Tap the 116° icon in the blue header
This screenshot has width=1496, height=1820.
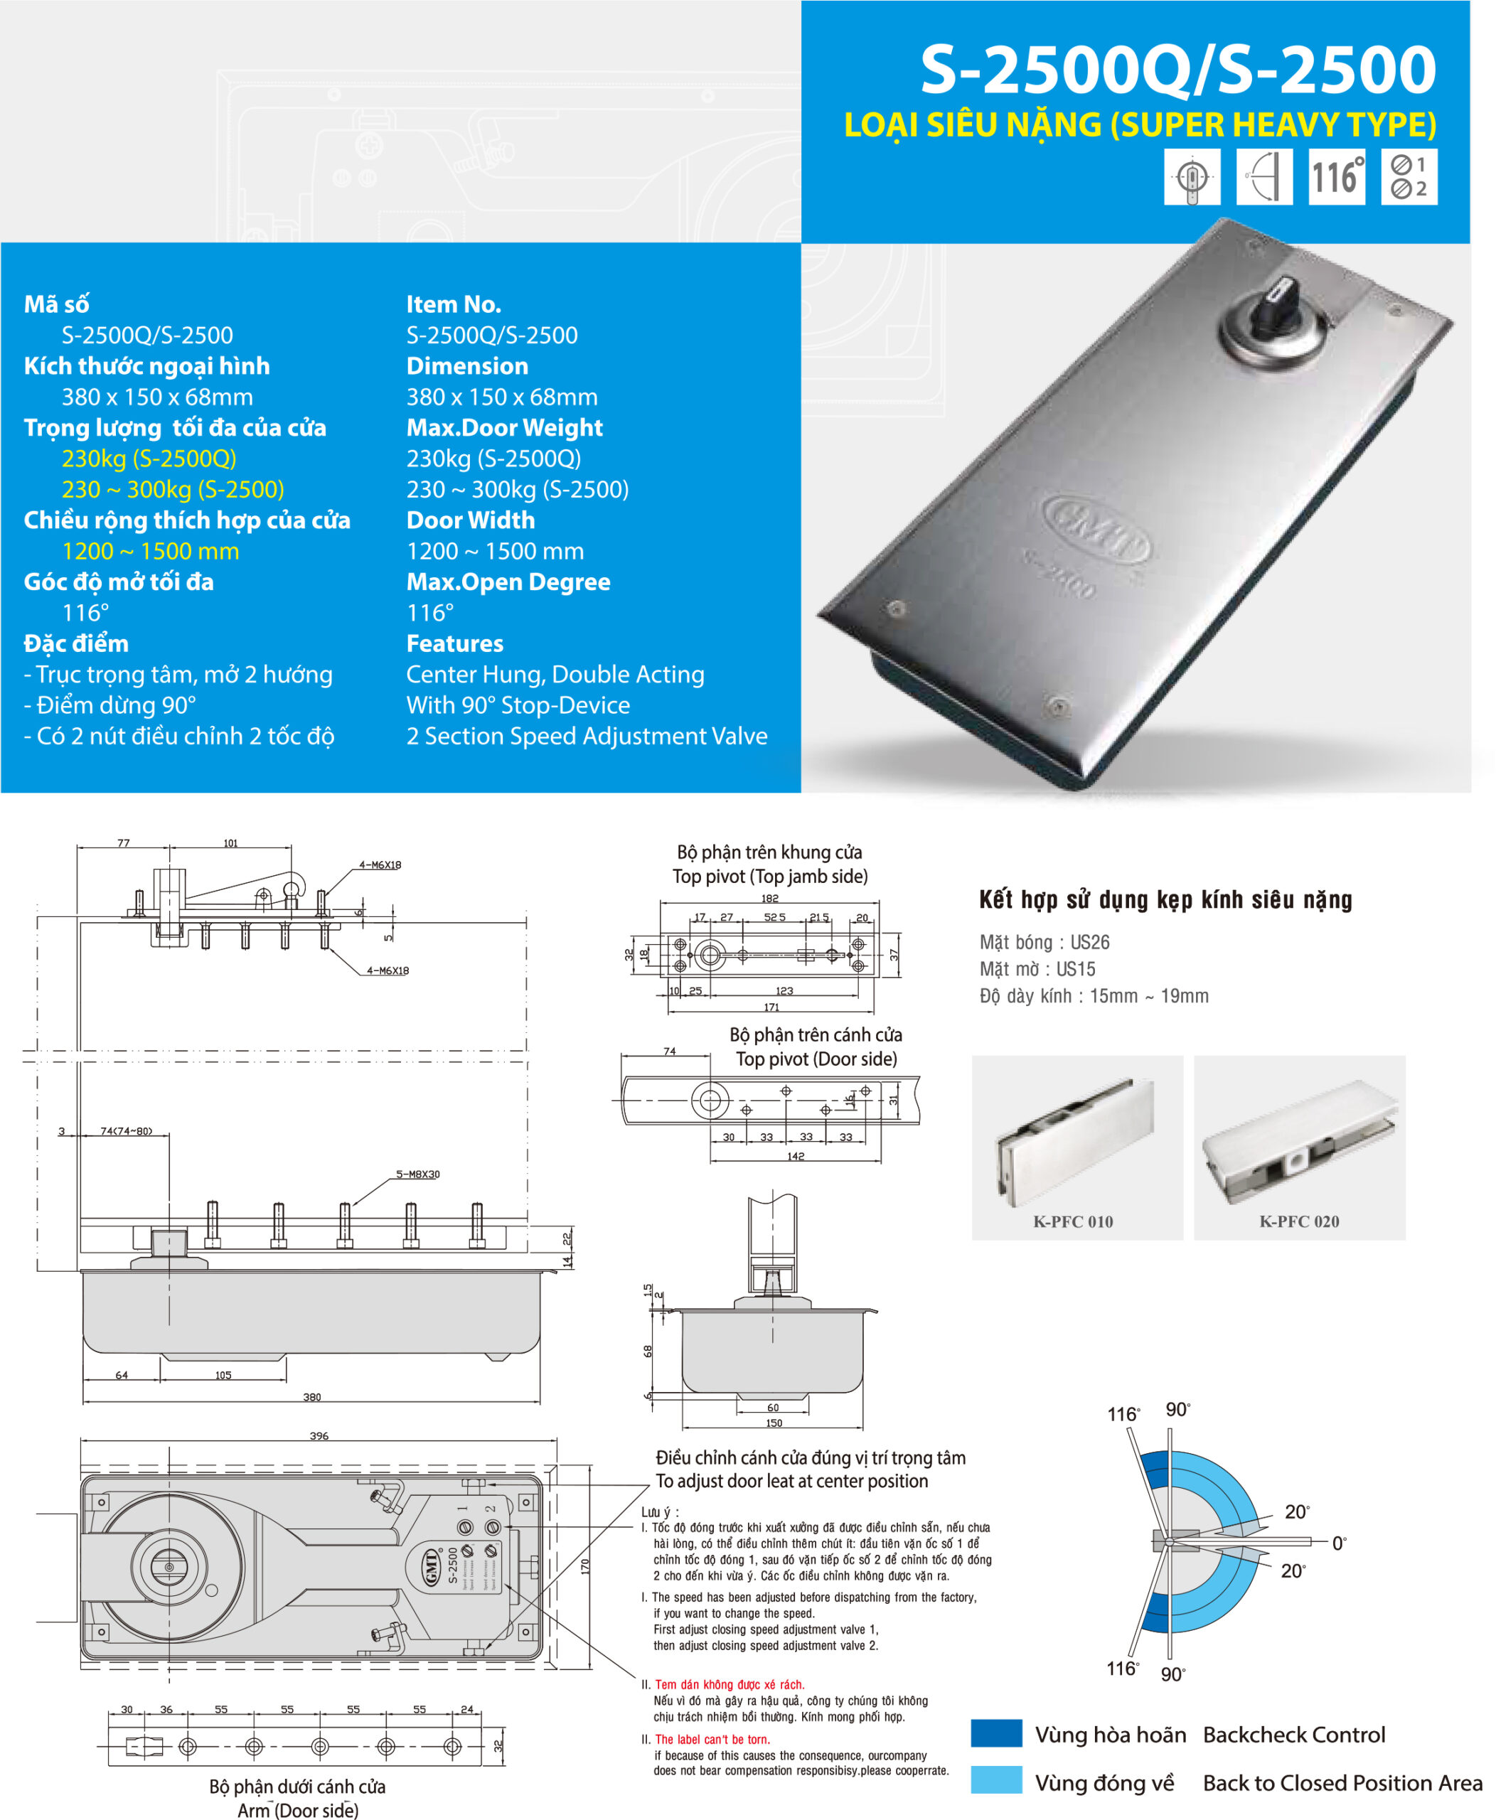[1336, 176]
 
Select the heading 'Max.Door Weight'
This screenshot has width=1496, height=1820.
[504, 427]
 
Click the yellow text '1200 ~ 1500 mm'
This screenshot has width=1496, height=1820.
[150, 551]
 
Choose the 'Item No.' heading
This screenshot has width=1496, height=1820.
[454, 304]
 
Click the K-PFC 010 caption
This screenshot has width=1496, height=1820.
[1073, 1221]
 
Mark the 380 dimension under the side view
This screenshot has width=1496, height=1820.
[312, 1397]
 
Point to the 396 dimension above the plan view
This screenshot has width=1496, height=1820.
[319, 1435]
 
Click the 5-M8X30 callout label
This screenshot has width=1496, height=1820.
[418, 1174]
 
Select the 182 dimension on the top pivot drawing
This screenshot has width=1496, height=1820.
[769, 898]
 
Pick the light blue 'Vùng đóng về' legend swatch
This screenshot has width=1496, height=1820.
[996, 1780]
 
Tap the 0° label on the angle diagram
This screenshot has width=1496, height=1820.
[1339, 1543]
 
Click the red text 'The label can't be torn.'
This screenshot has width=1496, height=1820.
[712, 1739]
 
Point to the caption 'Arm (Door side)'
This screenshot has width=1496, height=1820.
[297, 1809]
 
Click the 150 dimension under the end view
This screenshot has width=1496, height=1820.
[774, 1423]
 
